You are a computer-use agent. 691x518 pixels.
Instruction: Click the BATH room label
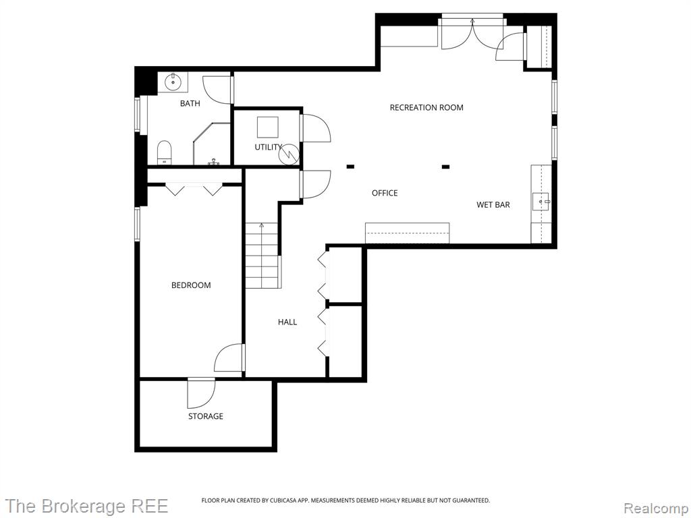click(190, 103)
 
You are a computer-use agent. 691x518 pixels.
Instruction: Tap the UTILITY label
click(268, 147)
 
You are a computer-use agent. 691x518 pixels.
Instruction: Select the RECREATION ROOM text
click(426, 107)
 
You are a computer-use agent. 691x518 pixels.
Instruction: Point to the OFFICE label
click(385, 193)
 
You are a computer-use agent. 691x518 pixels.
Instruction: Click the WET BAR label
click(493, 205)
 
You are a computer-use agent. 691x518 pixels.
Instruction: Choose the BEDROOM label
click(191, 285)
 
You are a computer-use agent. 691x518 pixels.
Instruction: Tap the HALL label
click(287, 322)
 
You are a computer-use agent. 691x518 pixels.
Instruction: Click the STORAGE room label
click(206, 416)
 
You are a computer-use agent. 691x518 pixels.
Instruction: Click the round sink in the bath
click(172, 81)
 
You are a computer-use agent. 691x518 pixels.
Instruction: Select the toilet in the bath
click(165, 152)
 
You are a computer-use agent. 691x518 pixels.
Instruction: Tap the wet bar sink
click(541, 202)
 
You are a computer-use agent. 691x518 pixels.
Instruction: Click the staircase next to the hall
click(262, 256)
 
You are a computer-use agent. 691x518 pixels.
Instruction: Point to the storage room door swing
click(201, 393)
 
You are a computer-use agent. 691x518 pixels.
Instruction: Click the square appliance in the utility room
click(267, 127)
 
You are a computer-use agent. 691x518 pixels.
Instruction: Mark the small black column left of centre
click(350, 167)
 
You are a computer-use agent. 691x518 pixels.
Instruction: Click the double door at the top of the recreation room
click(472, 34)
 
